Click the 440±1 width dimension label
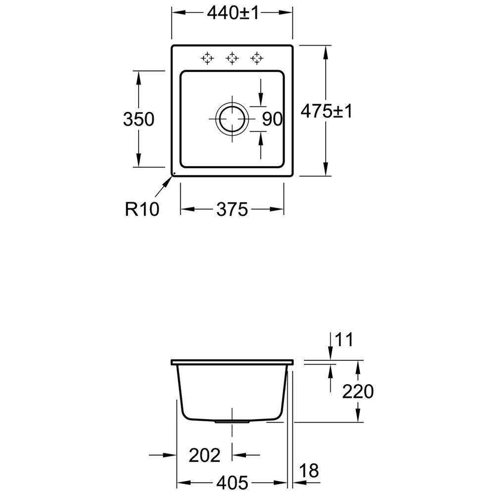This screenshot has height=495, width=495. coord(233,13)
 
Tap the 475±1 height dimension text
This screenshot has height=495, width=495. coord(326,111)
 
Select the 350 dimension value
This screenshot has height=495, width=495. coord(139,119)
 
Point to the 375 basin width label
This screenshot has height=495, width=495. coord(232,209)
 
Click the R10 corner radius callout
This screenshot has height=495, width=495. coord(142,209)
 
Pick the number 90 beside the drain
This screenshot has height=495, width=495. coord(272,119)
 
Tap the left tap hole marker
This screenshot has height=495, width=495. coord(207,58)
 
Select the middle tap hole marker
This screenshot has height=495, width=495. coord(232,58)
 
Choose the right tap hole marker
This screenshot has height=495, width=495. coord(256,58)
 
